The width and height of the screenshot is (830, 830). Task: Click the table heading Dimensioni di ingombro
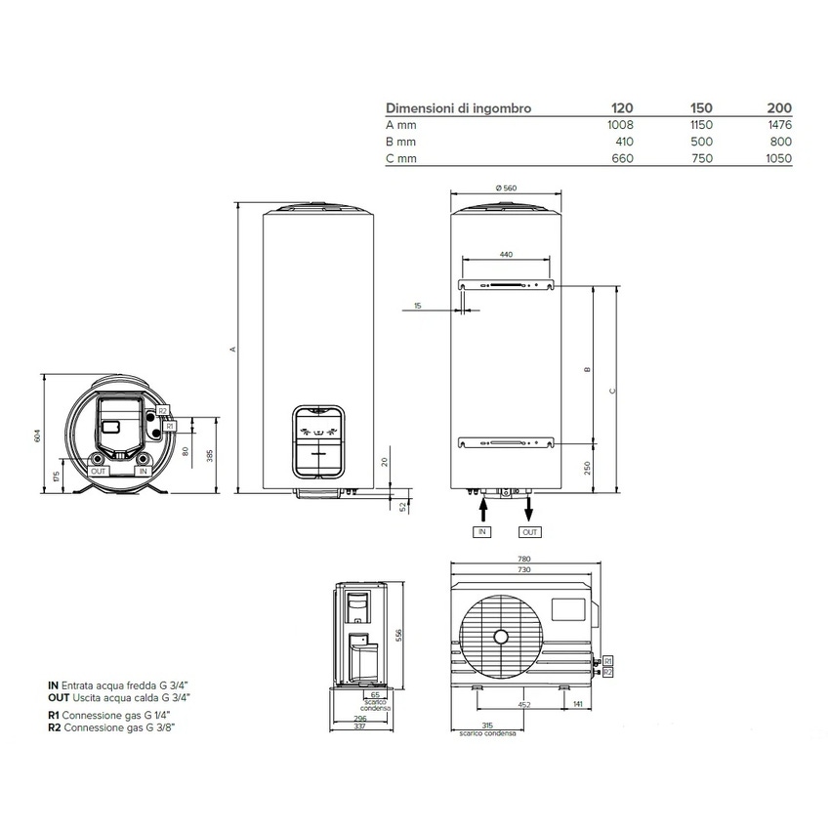pyautogui.click(x=459, y=108)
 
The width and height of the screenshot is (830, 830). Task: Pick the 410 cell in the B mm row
pyautogui.click(x=624, y=142)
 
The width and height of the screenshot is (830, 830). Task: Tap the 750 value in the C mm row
pyautogui.click(x=701, y=158)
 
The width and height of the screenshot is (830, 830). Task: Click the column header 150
pyautogui.click(x=701, y=108)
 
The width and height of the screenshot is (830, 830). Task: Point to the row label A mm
pyautogui.click(x=401, y=125)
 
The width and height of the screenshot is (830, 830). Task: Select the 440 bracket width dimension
pyautogui.click(x=505, y=254)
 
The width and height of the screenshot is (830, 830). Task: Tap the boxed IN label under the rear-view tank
pyautogui.click(x=481, y=532)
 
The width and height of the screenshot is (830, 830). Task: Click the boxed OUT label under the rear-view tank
pyautogui.click(x=529, y=532)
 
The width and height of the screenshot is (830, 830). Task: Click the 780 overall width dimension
pyautogui.click(x=523, y=560)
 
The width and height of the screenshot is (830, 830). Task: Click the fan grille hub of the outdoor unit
pyautogui.click(x=501, y=638)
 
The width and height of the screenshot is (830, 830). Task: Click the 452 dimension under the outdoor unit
pyautogui.click(x=523, y=703)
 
